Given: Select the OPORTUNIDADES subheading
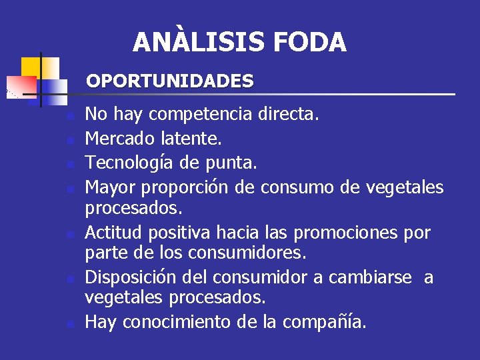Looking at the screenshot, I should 170,81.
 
